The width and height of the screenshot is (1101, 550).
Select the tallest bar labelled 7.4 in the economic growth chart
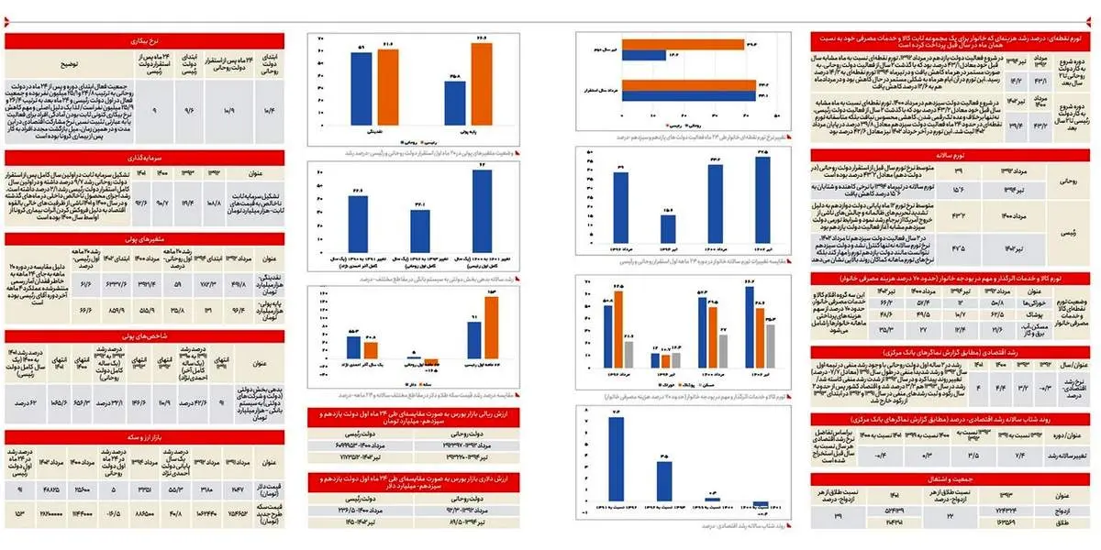coord(616,459)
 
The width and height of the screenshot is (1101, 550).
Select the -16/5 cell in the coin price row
coord(113,513)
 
